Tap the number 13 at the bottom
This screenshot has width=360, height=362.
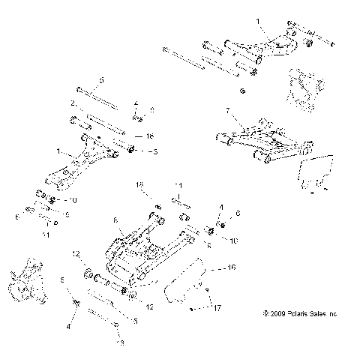120,345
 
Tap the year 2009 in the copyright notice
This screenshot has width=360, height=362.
274,313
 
